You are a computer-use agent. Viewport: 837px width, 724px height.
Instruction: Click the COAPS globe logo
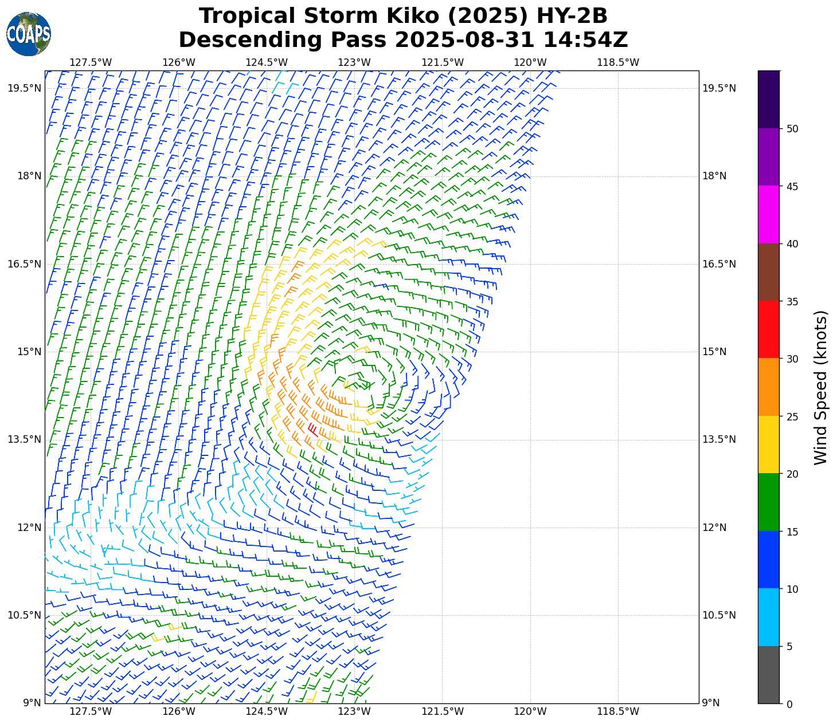(x=29, y=34)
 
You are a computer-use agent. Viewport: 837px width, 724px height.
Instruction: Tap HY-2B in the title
(x=571, y=16)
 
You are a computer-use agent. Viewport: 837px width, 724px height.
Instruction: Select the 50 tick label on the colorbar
(x=793, y=129)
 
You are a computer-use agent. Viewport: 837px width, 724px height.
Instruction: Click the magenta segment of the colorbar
(x=768, y=215)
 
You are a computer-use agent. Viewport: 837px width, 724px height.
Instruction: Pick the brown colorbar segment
(x=768, y=272)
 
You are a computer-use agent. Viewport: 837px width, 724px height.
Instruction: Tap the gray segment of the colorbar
(x=768, y=675)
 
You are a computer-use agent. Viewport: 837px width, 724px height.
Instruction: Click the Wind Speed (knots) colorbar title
(x=821, y=387)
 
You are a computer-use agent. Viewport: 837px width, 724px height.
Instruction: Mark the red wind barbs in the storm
(x=312, y=429)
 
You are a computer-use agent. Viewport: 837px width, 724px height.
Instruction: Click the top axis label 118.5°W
(x=618, y=62)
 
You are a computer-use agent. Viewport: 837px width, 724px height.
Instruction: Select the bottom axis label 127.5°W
(x=91, y=711)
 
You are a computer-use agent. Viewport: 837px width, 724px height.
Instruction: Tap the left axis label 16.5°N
(x=24, y=264)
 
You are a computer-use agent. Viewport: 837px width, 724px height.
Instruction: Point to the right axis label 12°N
(x=714, y=528)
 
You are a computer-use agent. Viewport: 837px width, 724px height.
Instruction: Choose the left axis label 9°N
(x=32, y=703)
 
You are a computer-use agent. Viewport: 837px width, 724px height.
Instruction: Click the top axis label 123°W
(x=354, y=62)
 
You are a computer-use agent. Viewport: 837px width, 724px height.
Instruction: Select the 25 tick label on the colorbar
(x=793, y=416)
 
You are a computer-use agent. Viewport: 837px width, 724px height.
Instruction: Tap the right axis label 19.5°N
(x=719, y=88)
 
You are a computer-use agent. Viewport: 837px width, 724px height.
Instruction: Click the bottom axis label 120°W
(x=530, y=711)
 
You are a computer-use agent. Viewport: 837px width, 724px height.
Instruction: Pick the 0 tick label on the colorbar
(x=789, y=704)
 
